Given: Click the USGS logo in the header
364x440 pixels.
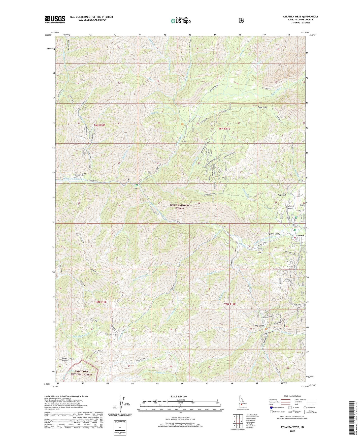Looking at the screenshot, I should click(55, 19).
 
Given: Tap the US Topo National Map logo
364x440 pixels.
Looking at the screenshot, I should click(180, 21).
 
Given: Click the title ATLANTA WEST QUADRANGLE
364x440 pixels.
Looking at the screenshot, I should click(300, 17).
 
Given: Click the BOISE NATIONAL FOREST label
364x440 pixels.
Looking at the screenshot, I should click(180, 207).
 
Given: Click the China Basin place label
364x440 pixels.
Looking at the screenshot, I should click(262, 107).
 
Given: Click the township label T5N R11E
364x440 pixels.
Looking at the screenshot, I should click(230, 304).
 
